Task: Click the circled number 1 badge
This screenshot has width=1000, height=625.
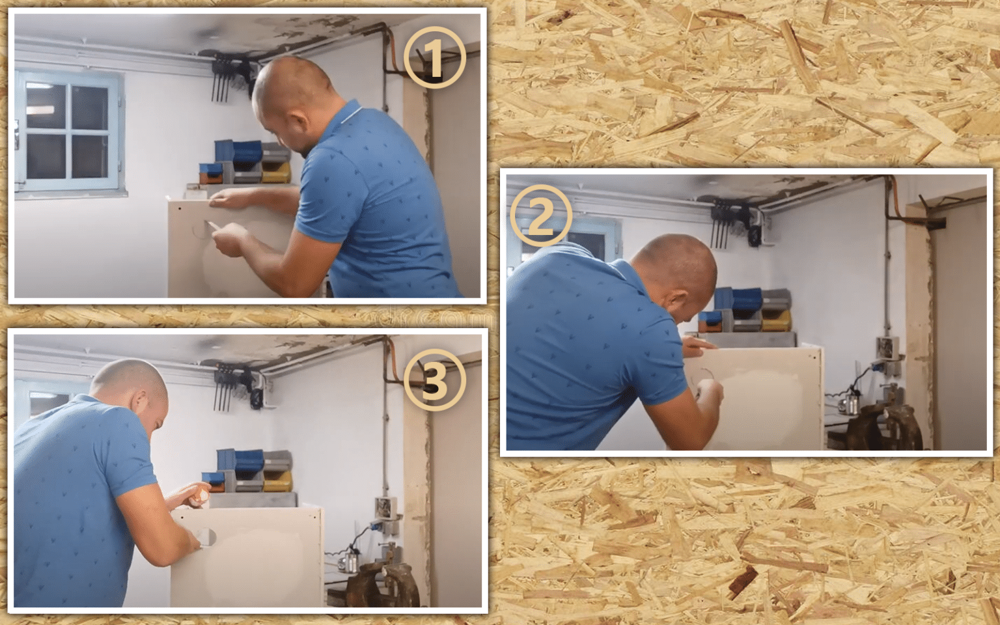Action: tap(435, 57)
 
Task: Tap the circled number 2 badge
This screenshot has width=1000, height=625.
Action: tap(541, 216)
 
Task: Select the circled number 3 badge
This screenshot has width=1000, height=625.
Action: tap(435, 380)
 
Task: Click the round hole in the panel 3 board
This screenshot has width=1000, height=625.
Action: tap(206, 536)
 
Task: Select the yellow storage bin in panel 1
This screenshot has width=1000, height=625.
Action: tap(276, 173)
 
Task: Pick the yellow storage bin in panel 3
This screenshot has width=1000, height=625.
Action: tap(278, 481)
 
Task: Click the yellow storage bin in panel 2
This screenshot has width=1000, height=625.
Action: tap(776, 320)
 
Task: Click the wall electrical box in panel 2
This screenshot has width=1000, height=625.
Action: tap(887, 348)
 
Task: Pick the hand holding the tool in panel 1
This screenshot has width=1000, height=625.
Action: tap(230, 238)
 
